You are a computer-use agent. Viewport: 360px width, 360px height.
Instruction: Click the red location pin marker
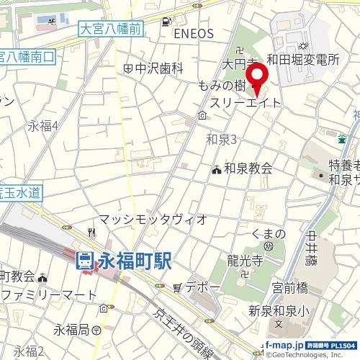click(x=257, y=78)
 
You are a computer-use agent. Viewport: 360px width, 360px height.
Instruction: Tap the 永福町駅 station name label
click(x=135, y=260)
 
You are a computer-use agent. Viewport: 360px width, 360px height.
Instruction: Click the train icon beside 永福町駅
click(x=85, y=260)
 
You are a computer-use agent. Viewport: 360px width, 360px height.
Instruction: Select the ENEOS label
click(x=194, y=34)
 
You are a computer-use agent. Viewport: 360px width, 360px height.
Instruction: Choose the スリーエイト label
click(x=246, y=104)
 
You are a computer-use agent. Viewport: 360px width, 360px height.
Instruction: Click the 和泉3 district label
click(x=221, y=138)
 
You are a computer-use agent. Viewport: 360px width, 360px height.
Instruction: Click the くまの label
click(x=269, y=235)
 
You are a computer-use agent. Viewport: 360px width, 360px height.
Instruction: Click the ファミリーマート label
click(x=50, y=295)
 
